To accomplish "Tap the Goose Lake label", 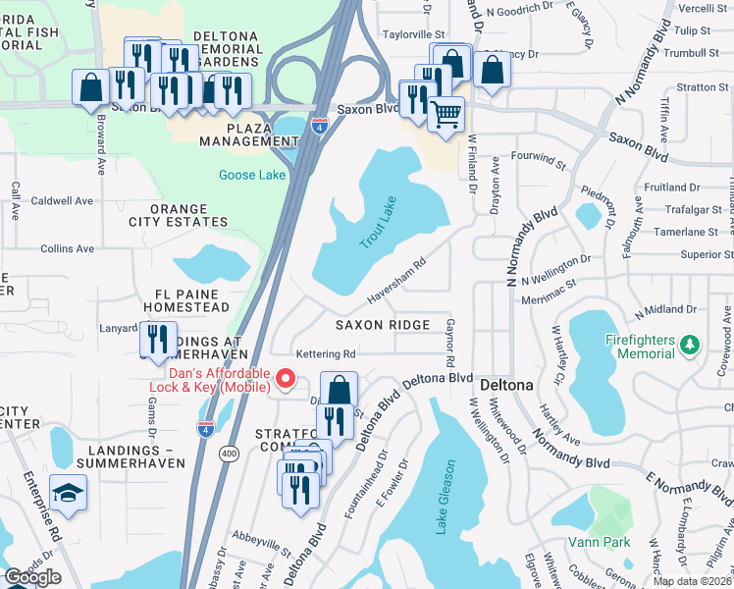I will point(252,176).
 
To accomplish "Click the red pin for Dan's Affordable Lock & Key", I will point(287,377).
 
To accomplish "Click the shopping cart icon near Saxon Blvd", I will point(446,114).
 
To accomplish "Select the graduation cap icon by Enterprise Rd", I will point(68,493).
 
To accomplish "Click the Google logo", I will point(33,576).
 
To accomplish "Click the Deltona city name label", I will point(507,385).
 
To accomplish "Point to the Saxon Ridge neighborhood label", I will point(383,325).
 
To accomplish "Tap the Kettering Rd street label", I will point(326,353).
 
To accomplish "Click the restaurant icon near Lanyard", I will point(158,339).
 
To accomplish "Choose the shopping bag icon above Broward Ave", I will point(91,86).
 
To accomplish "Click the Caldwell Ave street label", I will point(62,200).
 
